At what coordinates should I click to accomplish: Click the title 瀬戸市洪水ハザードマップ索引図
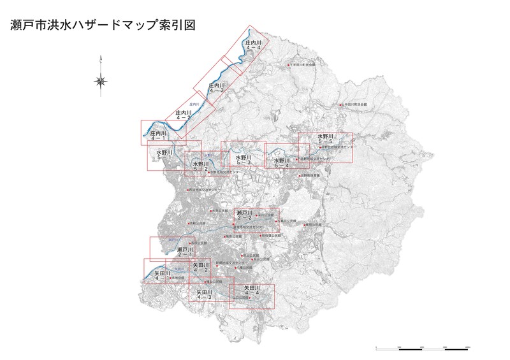[103, 25]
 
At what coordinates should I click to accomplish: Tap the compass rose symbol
[101, 80]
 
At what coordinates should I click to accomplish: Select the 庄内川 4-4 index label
[254, 45]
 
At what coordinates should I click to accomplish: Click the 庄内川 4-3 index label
[217, 87]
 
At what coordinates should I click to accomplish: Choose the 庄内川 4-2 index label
[184, 115]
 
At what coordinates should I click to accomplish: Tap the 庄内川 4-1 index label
[157, 136]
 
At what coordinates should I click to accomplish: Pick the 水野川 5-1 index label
[164, 155]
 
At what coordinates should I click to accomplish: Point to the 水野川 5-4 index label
[281, 163]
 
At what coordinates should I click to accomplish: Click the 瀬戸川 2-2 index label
[245, 215]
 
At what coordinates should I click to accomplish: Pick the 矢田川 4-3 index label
[205, 294]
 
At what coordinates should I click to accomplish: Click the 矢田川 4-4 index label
[253, 291]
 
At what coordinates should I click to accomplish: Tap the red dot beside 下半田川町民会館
[289, 65]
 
